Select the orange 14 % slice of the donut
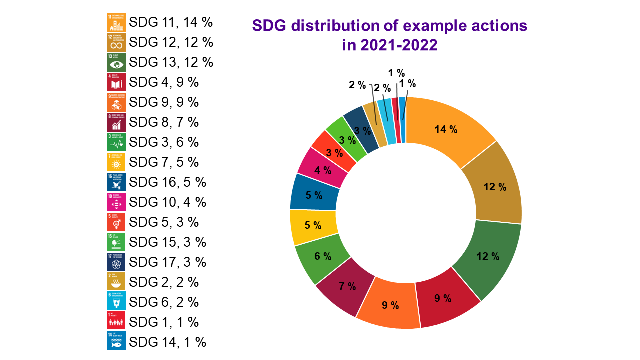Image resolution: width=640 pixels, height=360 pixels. (x=446, y=129)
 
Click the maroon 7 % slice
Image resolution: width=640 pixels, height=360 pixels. (x=347, y=286)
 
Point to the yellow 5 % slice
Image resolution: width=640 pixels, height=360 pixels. (x=313, y=225)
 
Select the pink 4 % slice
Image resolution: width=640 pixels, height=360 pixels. (x=323, y=170)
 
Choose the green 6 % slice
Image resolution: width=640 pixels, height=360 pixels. (x=323, y=256)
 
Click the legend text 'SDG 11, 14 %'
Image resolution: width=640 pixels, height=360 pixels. (x=171, y=22)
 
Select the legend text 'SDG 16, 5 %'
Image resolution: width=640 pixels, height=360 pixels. (x=167, y=182)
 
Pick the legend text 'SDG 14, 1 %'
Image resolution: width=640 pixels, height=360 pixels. (x=167, y=342)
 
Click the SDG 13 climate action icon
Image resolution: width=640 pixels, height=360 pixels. (x=116, y=62)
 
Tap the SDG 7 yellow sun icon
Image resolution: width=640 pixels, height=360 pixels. (x=116, y=162)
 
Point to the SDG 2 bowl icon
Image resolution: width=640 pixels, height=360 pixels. (x=116, y=282)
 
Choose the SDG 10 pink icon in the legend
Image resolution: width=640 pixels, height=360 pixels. (x=116, y=202)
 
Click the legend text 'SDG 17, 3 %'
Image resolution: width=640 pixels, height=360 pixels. (x=167, y=262)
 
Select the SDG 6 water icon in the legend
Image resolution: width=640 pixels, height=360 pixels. (x=116, y=302)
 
